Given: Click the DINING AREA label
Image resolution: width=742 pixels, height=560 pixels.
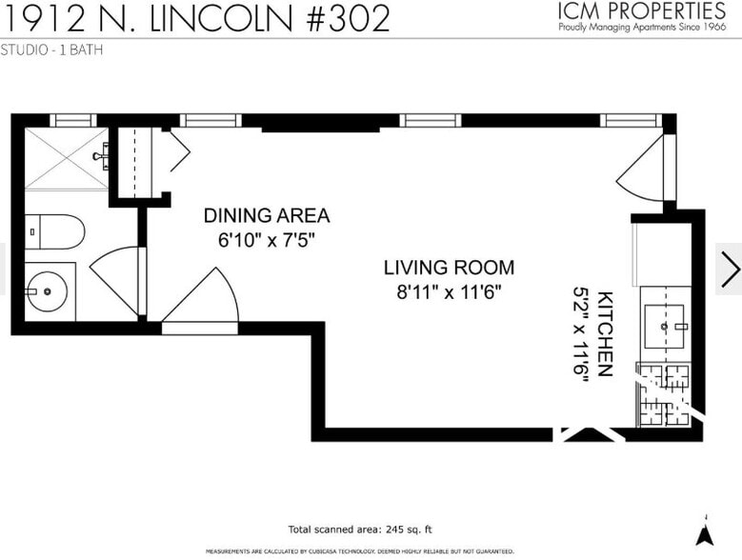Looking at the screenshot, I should (266, 215).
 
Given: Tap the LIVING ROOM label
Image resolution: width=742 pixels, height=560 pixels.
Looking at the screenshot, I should (449, 268).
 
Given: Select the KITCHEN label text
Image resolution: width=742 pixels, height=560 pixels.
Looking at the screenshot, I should (604, 331).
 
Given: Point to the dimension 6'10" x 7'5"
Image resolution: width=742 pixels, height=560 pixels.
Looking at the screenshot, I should (266, 241).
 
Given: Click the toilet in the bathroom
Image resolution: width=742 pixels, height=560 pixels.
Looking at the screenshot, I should (56, 230).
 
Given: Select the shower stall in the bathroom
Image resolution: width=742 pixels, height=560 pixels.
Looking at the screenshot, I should (63, 158).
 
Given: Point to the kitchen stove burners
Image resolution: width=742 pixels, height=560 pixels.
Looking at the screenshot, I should (664, 393).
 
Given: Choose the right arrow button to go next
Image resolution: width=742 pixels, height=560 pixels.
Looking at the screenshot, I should (729, 269).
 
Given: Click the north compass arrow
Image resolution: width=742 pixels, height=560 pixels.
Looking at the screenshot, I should (705, 532).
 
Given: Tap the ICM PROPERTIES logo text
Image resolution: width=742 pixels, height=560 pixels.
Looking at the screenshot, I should (642, 11).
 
